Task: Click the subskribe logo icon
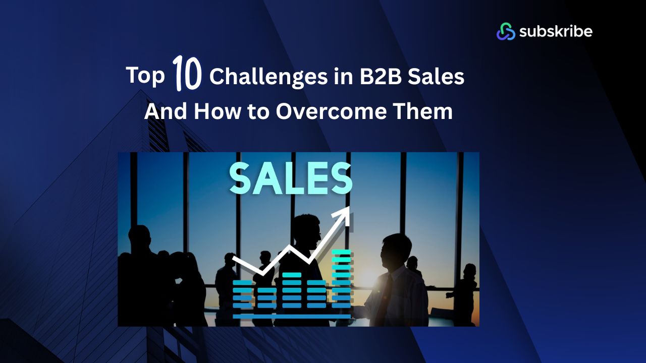506,31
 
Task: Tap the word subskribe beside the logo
555,31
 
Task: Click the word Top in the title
145,76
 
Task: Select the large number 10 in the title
187,74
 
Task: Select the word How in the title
215,111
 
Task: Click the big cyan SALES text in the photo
291,178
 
